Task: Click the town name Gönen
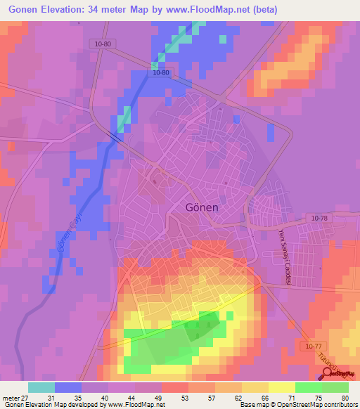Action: [x=204, y=209]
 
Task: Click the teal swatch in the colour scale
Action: [x=41, y=387]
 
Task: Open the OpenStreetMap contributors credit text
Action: [x=319, y=405]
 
